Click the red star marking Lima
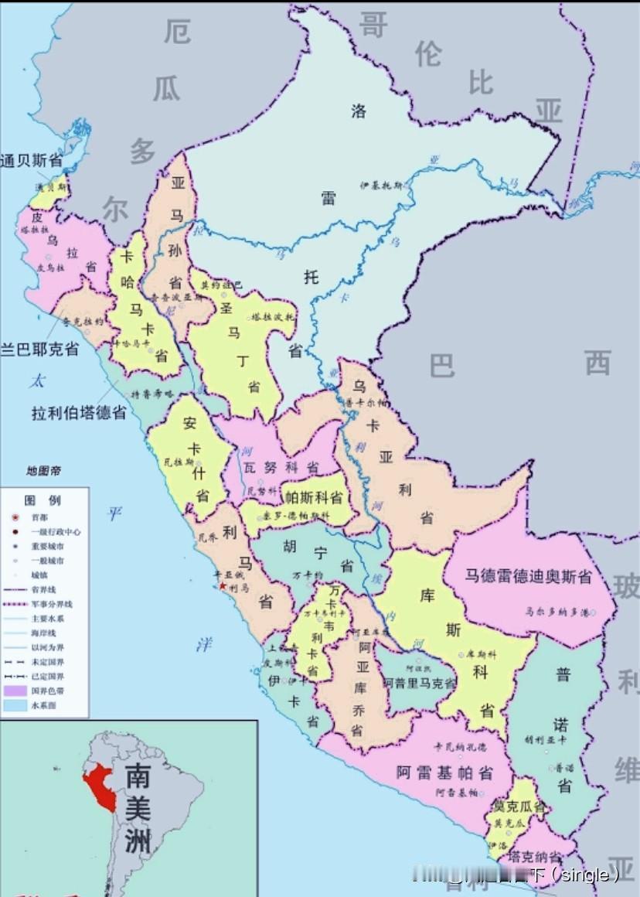[x=223, y=586]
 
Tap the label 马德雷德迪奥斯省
[x=528, y=576]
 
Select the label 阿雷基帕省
[x=444, y=772]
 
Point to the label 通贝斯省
[x=32, y=161]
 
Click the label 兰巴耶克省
[x=39, y=349]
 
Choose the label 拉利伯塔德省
[x=79, y=412]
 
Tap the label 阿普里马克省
[x=420, y=684]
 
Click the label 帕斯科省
[x=314, y=497]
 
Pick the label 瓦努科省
[x=281, y=468]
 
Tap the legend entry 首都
[x=39, y=517]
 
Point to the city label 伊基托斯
[x=381, y=186]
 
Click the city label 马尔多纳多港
[x=552, y=611]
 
